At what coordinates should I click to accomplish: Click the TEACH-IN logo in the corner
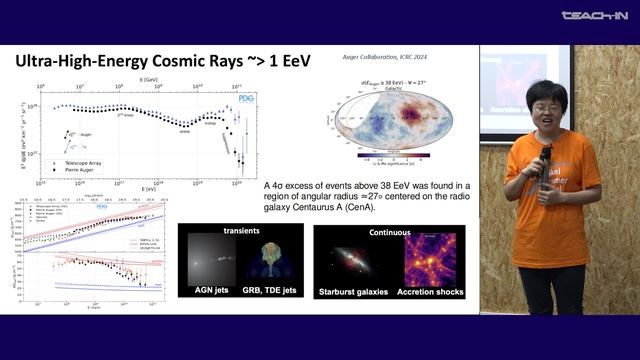click(594, 15)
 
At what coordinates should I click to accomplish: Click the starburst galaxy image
click(357, 262)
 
